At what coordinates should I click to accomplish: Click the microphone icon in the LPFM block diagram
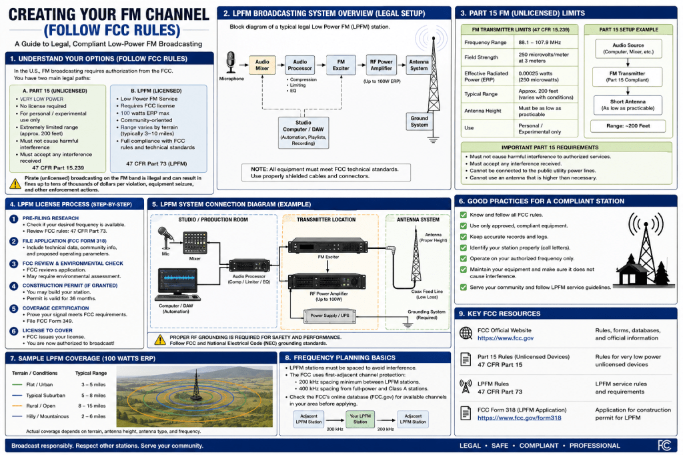pos(231,62)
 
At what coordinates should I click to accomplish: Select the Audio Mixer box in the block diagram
pos(262,65)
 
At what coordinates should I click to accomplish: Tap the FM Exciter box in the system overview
pos(341,65)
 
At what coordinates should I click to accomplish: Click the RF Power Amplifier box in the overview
pos(381,65)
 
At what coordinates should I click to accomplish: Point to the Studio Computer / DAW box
pos(303,133)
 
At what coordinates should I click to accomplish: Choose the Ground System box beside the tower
pos(419,121)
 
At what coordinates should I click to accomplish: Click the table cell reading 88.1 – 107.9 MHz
pos(540,42)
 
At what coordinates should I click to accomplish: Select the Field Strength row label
pos(481,57)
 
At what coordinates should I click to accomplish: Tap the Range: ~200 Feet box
pos(628,126)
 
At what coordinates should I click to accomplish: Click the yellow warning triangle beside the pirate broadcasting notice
pos(15,183)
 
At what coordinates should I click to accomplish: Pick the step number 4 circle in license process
pos(14,286)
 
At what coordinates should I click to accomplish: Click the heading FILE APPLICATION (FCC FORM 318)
pos(65,241)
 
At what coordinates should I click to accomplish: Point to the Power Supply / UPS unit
pos(329,316)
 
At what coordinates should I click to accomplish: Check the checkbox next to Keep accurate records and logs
pos(464,237)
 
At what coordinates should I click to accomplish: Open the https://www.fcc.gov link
pos(506,338)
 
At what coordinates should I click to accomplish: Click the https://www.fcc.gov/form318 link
pos(519,418)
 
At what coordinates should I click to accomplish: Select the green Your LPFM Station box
pos(360,419)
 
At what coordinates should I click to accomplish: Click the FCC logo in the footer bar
pos(664,446)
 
